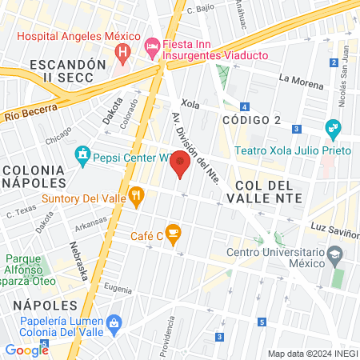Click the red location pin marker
click(x=182, y=162)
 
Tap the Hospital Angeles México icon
click(x=122, y=54)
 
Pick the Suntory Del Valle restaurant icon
click(x=137, y=195)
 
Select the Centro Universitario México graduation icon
click(x=335, y=255)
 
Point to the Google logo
click(x=26, y=350)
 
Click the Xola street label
click(x=190, y=103)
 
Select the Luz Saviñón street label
click(x=336, y=229)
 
